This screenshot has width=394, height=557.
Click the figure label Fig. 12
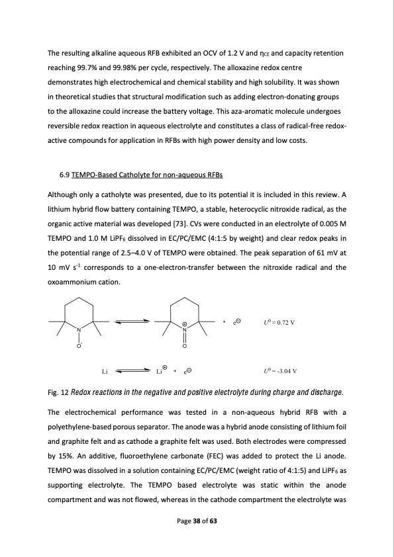tap(58, 392)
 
